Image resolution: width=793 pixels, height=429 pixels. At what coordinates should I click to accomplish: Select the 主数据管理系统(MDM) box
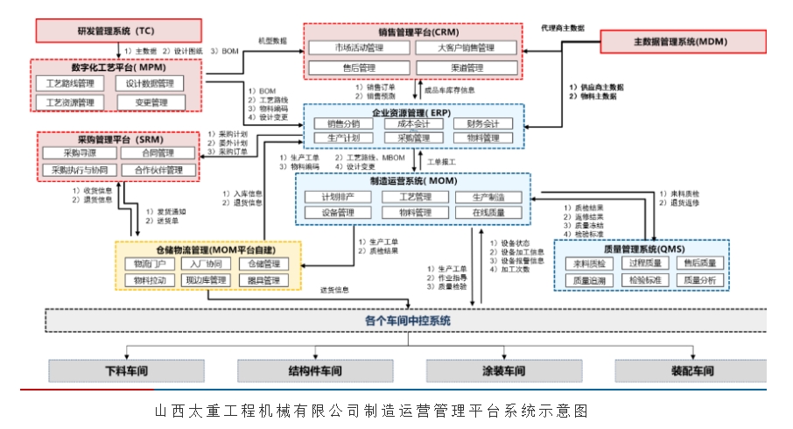(x=680, y=41)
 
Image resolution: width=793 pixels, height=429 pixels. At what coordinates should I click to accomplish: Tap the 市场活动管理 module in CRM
(x=359, y=48)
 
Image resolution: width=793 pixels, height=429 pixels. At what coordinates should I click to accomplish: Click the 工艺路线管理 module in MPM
(x=70, y=84)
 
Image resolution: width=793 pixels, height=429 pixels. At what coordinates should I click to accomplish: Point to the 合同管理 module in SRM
(x=152, y=154)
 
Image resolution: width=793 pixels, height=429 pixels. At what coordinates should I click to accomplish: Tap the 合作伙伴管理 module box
(x=152, y=170)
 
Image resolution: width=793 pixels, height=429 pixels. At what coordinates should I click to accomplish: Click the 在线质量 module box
(x=489, y=213)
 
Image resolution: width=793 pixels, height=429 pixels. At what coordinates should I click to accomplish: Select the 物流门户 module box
(x=144, y=264)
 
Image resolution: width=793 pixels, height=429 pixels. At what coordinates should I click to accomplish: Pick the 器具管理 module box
(x=263, y=281)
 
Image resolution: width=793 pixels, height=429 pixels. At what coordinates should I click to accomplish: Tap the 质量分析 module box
(x=700, y=280)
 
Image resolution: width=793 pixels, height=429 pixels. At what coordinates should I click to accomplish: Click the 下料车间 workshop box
(x=127, y=370)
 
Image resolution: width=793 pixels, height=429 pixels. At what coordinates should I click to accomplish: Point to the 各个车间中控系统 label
(x=407, y=321)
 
